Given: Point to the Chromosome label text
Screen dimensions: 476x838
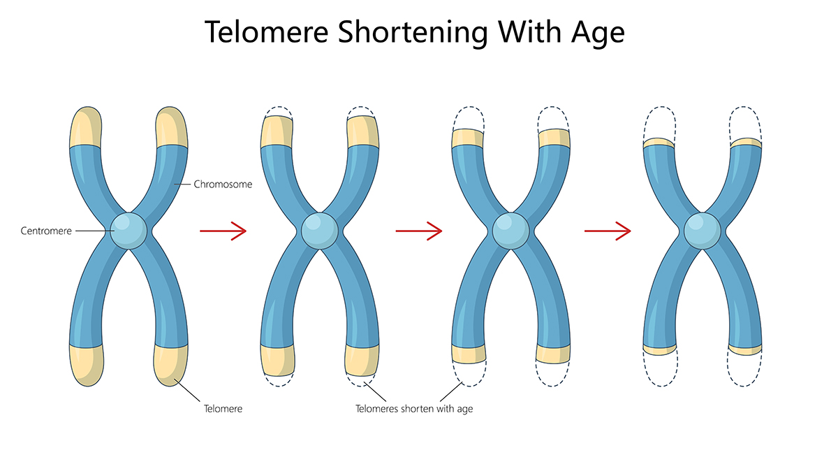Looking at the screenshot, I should click(x=223, y=185).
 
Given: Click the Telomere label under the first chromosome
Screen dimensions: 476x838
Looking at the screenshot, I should click(x=223, y=408).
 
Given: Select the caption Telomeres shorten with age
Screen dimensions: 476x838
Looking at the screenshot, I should click(x=414, y=408).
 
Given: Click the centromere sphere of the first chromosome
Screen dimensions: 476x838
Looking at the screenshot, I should click(x=129, y=230).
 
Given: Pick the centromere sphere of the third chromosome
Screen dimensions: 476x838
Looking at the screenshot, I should click(x=510, y=231).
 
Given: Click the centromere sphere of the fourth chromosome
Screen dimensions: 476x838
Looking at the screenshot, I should click(x=700, y=231).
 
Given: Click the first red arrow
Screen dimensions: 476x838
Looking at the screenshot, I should click(x=223, y=230).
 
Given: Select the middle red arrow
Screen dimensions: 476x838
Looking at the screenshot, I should click(x=419, y=230).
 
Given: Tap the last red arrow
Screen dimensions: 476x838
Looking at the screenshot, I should click(x=608, y=230).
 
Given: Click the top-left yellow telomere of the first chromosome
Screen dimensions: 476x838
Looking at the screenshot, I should click(x=86, y=128).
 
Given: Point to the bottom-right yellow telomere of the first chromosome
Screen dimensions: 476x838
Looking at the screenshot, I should click(x=170, y=363).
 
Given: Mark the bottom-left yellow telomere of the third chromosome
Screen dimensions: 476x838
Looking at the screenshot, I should click(x=469, y=354).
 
